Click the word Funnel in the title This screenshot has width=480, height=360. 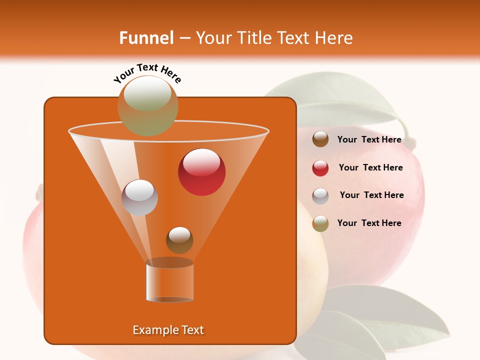pos(146,38)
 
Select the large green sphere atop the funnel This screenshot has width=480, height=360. pos(147,105)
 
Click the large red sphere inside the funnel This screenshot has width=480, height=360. pos(201,172)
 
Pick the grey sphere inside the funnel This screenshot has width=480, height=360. pos(139,197)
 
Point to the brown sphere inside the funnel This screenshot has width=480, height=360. pos(179,240)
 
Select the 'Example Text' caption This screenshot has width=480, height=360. pos(168,330)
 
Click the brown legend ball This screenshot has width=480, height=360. pos(320,139)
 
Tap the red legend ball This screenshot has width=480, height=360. pos(320,168)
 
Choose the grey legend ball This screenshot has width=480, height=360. pos(320,196)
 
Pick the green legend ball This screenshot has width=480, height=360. pos(320,223)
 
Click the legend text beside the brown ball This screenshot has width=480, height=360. pos(369,139)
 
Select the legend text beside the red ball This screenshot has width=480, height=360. pos(370,167)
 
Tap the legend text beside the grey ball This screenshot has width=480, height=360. pos(371,195)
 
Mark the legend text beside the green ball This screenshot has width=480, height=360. pos(369,223)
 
